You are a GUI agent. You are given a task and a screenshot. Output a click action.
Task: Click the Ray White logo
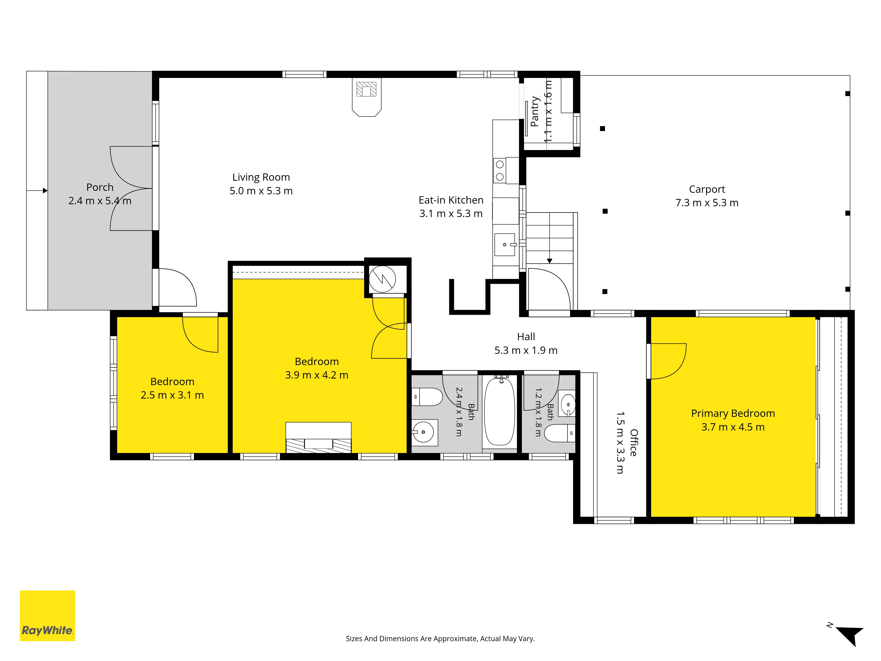(47, 616)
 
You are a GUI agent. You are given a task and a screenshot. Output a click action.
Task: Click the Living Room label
(261, 177)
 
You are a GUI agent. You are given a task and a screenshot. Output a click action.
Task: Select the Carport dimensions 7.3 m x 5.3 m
(707, 203)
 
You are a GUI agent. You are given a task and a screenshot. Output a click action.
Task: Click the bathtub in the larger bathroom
(500, 412)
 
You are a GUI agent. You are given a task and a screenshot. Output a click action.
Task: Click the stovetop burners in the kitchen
(500, 171)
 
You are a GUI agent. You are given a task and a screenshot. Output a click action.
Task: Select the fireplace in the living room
(366, 97)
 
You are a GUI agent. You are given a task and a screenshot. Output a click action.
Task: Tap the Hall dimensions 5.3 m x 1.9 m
(526, 350)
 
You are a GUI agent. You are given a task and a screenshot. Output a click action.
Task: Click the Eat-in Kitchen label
(451, 200)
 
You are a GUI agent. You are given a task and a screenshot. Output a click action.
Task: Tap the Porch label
(100, 187)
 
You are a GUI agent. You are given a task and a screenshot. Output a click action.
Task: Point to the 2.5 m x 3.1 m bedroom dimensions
(172, 395)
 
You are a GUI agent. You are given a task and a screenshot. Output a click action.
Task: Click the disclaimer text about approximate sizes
(440, 639)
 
